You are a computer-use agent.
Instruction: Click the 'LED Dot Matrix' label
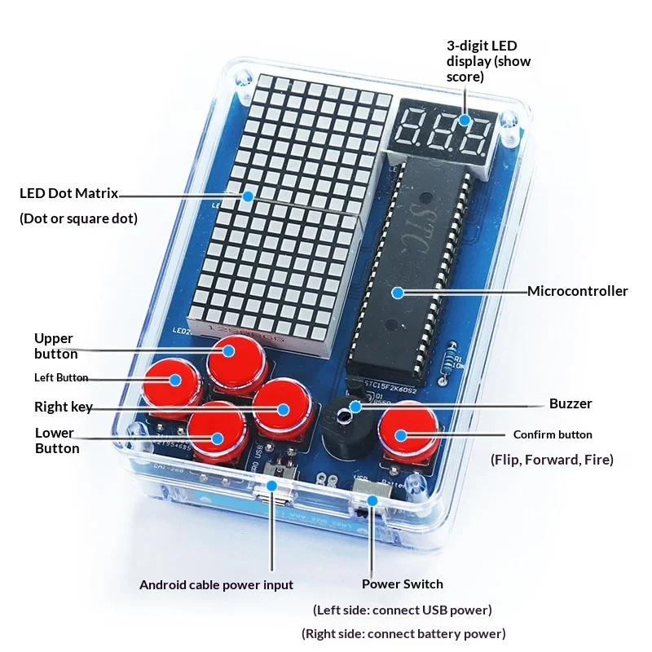[68, 193]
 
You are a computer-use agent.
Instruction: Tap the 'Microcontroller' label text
[577, 291]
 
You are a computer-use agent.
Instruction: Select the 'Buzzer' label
[570, 403]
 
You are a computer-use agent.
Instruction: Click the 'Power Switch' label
[403, 584]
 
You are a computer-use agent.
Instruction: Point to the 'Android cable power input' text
[216, 584]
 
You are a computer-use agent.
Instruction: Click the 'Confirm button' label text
[553, 434]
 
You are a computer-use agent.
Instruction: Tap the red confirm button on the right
[406, 432]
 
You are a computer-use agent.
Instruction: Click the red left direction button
[173, 382]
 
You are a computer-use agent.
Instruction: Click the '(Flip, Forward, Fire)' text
[552, 460]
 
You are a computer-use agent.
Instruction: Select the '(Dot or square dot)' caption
[78, 218]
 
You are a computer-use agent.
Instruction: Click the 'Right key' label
[63, 407]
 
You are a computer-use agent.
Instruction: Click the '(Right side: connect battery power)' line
[403, 633]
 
